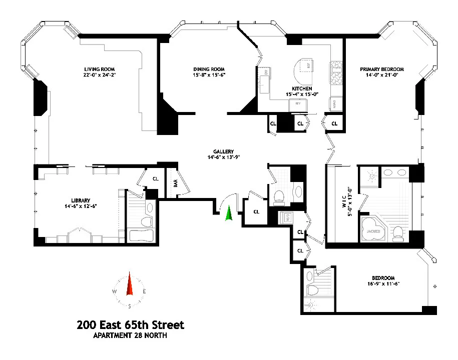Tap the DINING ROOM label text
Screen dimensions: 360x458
pos(209,69)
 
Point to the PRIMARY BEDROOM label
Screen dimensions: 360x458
pos(381,69)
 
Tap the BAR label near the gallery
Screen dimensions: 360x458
pos(175,183)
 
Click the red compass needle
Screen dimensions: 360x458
pos(130,285)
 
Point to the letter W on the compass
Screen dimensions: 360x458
pos(115,291)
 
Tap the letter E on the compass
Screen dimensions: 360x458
pos(145,291)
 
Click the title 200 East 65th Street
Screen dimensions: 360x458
pos(130,325)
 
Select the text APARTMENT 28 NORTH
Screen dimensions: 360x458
pos(130,336)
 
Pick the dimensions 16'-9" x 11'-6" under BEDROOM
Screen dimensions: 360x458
pos(383,284)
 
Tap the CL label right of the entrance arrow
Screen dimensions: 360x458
pos(256,211)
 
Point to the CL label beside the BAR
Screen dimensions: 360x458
pos(156,178)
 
